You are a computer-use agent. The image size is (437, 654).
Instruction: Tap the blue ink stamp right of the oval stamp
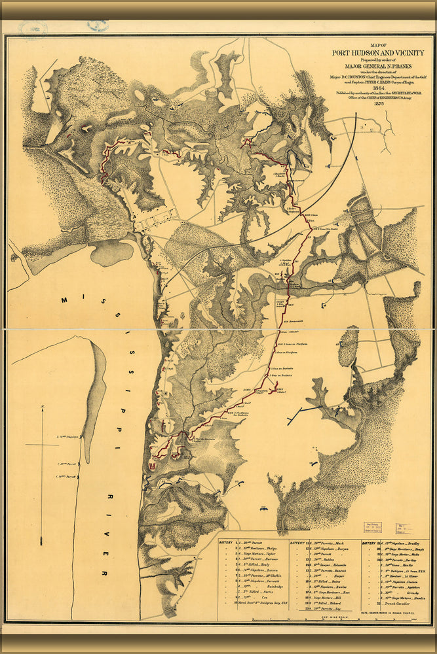tap(97, 26)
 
